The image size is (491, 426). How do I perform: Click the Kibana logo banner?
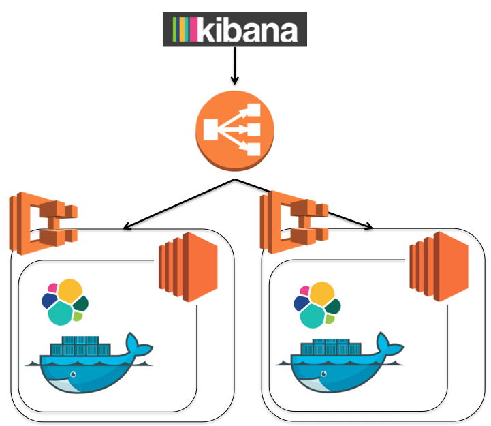coord(235,29)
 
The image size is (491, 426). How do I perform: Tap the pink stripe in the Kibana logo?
coord(193,29)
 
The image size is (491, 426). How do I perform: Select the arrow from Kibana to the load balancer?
coord(235,65)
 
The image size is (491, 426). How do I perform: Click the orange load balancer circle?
coord(235,131)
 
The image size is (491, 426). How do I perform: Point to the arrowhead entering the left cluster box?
coord(126,226)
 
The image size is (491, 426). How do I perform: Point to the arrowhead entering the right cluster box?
coord(369,226)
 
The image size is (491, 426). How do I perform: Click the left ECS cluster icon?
coord(44,223)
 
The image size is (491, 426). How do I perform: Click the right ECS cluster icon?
coord(294,222)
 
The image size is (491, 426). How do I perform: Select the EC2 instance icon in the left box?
coord(188,267)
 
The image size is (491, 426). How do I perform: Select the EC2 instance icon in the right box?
coord(439,266)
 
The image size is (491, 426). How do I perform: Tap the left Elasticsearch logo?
coord(65,302)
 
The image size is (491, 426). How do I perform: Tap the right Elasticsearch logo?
coord(317,305)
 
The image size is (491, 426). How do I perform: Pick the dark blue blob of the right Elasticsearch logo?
coord(301,303)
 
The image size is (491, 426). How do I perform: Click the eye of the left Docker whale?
coord(73,374)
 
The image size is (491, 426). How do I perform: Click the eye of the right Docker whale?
coord(323,374)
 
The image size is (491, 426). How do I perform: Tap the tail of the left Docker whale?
coord(138,346)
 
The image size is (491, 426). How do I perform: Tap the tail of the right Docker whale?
coord(389,345)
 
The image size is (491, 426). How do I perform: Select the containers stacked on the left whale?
coord(80,346)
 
